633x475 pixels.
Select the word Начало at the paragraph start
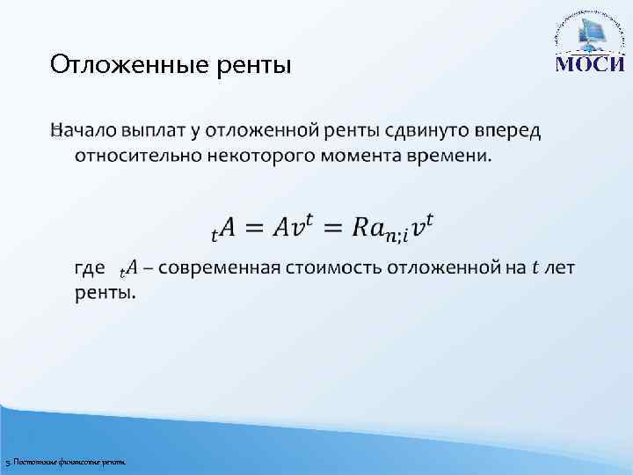(x=86, y=131)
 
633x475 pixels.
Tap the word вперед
(x=509, y=131)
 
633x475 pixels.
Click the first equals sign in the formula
(x=254, y=227)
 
